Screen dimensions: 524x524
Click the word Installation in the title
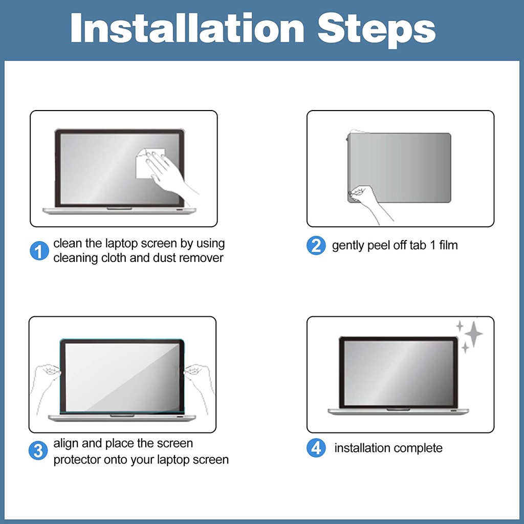pyautogui.click(x=187, y=28)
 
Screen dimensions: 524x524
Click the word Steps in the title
pyautogui.click(x=377, y=30)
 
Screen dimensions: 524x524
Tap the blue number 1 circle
pyautogui.click(x=39, y=251)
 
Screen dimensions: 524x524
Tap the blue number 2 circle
pyautogui.click(x=316, y=246)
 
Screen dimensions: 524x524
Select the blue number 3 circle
pyautogui.click(x=38, y=450)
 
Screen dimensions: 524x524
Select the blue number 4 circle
pyautogui.click(x=316, y=448)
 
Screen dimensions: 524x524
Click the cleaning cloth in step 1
pyautogui.click(x=150, y=163)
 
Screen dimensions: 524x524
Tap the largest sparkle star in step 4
pyautogui.click(x=473, y=334)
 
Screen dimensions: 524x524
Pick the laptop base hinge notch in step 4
pyautogui.click(x=398, y=410)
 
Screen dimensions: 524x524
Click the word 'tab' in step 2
pyautogui.click(x=418, y=245)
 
